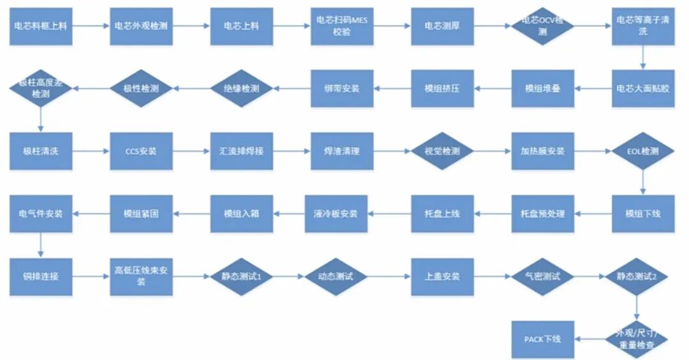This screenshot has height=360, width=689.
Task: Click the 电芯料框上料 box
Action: click(41, 26)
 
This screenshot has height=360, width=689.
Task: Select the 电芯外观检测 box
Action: click(141, 26)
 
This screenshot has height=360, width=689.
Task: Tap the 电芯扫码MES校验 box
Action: click(342, 26)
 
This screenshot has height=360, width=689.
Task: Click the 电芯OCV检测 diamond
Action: click(543, 26)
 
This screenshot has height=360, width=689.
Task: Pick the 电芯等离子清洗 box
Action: click(643, 26)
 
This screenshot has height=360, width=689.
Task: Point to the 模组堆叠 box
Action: click(543, 88)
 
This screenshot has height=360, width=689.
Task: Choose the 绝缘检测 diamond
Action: click(242, 88)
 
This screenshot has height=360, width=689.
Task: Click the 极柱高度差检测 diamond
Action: click(40, 88)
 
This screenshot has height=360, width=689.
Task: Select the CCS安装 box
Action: click(141, 151)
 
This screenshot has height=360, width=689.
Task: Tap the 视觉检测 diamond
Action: click(442, 151)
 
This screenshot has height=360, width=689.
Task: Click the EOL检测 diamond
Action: click(643, 151)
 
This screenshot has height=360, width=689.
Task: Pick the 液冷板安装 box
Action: click(342, 214)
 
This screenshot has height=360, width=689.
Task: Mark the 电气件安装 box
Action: click(41, 214)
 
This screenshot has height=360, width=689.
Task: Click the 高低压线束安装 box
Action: click(141, 276)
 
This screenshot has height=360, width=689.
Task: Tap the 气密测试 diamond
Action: click(543, 276)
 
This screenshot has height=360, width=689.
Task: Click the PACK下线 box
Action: click(543, 339)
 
